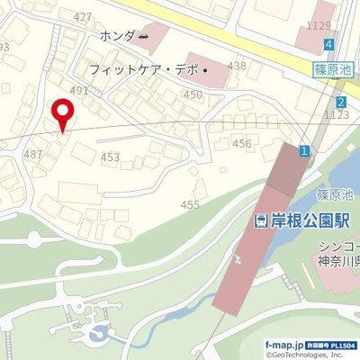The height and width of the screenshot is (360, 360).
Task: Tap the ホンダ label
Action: [117, 36]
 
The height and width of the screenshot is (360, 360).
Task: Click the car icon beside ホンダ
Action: [144, 36]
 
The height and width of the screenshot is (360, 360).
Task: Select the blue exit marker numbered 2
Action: [341, 103]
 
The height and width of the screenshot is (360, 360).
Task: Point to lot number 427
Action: [83, 17]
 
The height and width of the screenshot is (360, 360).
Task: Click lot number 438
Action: [237, 66]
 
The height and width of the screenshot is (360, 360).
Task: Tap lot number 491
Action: [79, 90]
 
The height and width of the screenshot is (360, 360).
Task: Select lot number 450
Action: [193, 94]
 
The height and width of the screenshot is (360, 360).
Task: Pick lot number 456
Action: [241, 143]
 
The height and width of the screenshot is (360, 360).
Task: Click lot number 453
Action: [110, 157]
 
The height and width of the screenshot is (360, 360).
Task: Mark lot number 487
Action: [33, 154]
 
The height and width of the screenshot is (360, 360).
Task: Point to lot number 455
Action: [190, 205]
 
